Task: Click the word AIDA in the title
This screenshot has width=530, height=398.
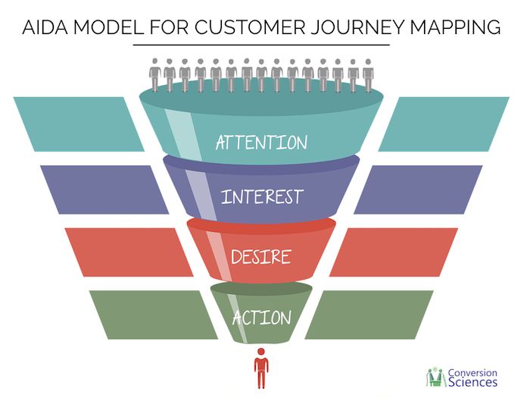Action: pos(45,27)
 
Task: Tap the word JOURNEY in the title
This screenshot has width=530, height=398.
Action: pos(357,27)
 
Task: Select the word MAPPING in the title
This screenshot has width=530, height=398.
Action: pos(455,27)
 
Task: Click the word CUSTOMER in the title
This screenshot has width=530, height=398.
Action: pos(249,27)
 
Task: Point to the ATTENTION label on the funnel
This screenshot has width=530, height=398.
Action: pos(262,143)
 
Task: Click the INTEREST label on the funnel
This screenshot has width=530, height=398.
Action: pos(262,196)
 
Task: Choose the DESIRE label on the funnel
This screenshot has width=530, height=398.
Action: pos(261,256)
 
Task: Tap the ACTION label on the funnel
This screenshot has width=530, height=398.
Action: pos(262,318)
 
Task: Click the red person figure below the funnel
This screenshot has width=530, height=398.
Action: pos(261,368)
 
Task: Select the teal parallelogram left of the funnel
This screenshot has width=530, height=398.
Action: pos(79,124)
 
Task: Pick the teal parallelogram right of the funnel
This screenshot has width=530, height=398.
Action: pos(444,124)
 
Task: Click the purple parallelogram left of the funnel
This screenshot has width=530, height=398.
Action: pos(104,190)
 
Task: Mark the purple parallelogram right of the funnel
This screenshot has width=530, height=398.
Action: pos(418,190)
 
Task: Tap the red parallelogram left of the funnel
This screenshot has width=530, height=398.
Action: pos(129,252)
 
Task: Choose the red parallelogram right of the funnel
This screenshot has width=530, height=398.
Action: pos(394,252)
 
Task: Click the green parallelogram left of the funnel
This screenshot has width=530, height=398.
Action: pos(154,315)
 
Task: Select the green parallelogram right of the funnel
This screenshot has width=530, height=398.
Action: pos(369,315)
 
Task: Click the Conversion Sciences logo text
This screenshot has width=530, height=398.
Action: pos(472,378)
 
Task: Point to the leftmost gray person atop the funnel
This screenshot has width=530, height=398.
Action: pos(154,75)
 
